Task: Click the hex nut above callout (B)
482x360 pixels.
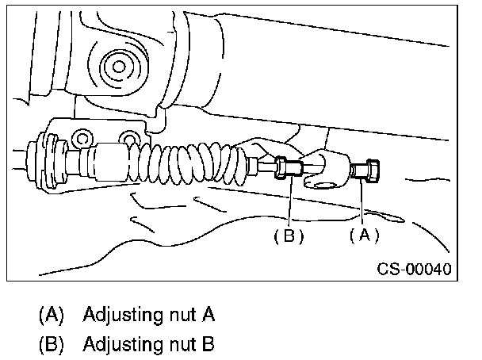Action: coord(288,168)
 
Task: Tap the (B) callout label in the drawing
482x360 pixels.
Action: coord(289,236)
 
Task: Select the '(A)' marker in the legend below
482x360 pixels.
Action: coord(51,315)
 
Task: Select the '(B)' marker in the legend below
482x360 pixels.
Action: coord(51,344)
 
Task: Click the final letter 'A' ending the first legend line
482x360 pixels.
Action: coord(208,315)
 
